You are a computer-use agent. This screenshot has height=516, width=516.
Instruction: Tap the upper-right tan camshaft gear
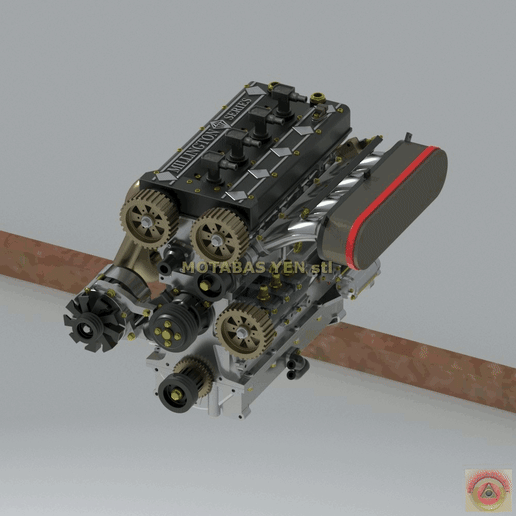click(219, 236)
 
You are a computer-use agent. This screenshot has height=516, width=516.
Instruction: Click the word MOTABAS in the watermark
click(220, 267)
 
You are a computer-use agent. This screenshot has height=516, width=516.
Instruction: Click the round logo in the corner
click(487, 487)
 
